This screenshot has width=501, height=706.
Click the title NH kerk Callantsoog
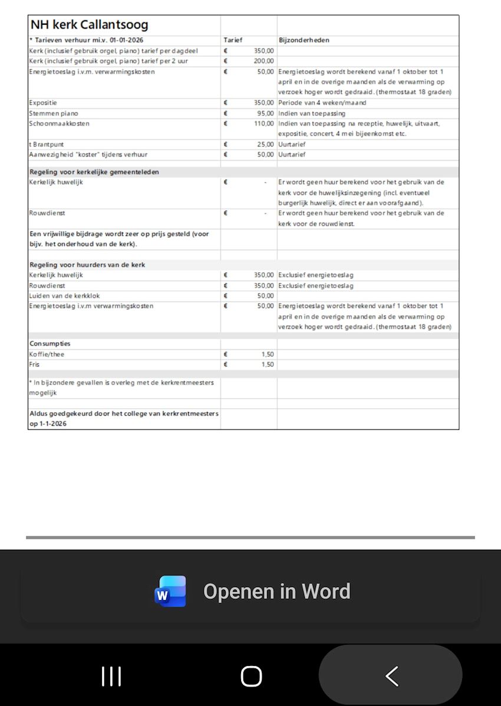89,25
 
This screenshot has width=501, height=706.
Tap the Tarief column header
233,40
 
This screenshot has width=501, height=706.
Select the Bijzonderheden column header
304,40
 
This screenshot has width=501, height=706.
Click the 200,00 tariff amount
263,61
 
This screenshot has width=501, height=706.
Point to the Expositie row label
43,102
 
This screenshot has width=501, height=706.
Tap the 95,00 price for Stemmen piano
265,113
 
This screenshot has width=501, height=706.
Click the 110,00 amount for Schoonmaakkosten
263,124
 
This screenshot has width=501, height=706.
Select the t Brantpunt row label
47,144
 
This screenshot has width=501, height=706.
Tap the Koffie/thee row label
47,354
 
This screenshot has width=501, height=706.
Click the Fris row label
35,364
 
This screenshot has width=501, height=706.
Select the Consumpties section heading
50,343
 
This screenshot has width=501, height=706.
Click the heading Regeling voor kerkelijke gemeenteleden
94,172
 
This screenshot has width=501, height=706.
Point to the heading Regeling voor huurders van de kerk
87,264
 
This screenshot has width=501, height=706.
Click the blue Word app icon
170,591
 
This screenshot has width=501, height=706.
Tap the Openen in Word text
276,591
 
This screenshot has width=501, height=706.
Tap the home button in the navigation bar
251,676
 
